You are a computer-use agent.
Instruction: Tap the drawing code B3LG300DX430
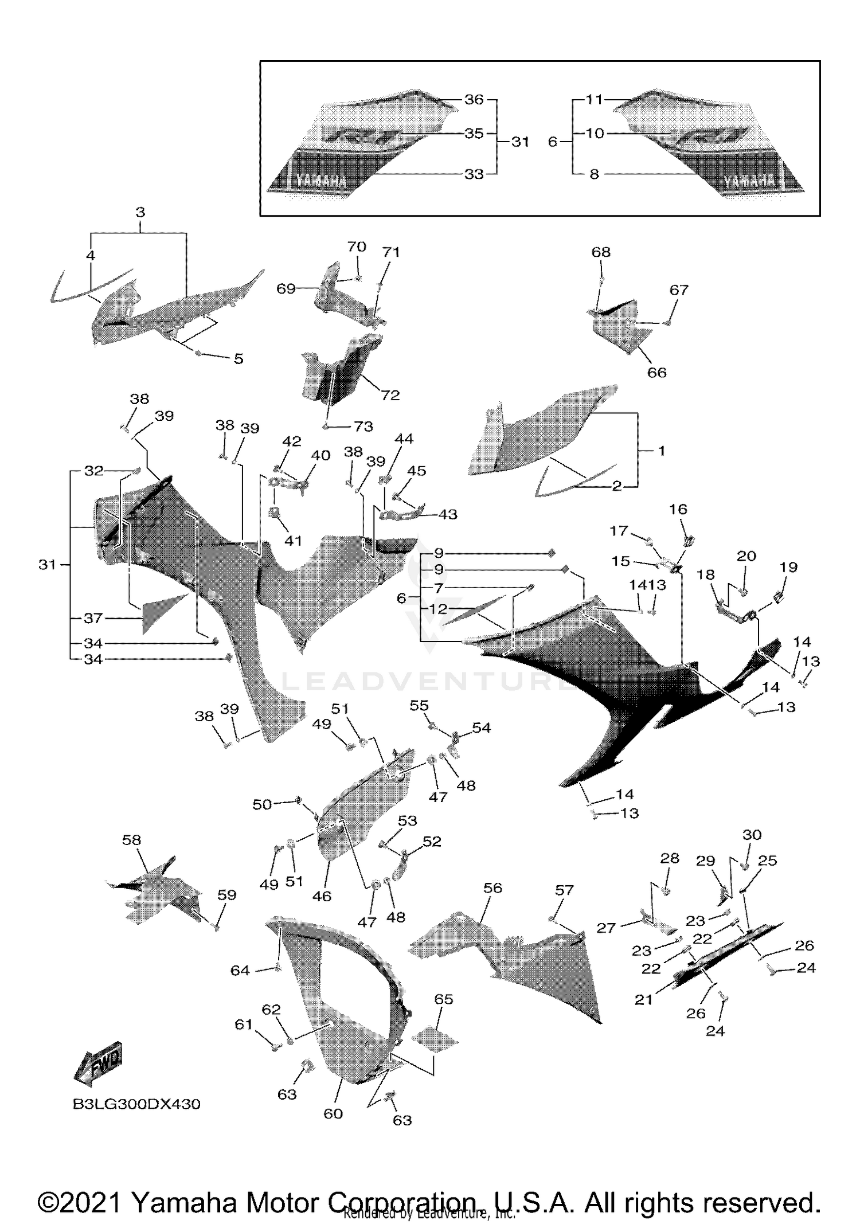[x=136, y=1104]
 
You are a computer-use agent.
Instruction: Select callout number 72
[x=390, y=396]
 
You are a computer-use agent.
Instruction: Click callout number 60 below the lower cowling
[x=333, y=1113]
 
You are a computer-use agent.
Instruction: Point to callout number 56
[x=492, y=888]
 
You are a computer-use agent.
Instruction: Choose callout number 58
[x=131, y=840]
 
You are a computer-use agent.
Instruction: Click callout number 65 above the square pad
[x=443, y=999]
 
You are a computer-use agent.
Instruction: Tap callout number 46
[x=322, y=896]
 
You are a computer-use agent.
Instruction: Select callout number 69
[x=286, y=288]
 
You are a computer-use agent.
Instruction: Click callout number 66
[x=656, y=373]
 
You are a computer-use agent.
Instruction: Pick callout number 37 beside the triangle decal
[x=93, y=618]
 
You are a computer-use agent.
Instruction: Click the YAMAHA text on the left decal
[x=321, y=182]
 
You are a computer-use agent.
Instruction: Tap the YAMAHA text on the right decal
[x=749, y=182]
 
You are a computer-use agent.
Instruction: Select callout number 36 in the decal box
[x=474, y=100]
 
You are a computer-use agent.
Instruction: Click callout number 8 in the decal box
[x=595, y=174]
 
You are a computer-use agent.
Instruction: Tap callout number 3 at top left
[x=140, y=213]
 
